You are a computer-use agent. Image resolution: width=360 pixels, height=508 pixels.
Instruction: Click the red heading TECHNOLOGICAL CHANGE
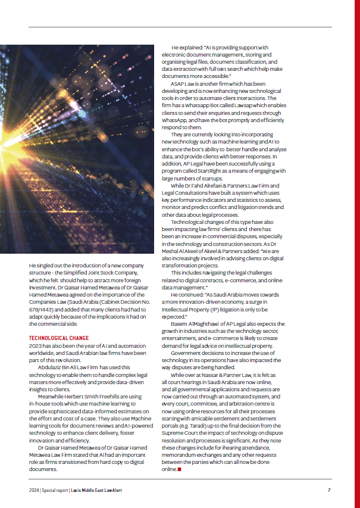[59, 338]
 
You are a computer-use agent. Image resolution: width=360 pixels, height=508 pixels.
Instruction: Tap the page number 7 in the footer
[329, 490]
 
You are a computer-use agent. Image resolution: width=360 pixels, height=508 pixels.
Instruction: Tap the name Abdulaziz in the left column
[49, 367]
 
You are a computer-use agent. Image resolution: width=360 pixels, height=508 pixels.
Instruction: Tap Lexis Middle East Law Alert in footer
[100, 490]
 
